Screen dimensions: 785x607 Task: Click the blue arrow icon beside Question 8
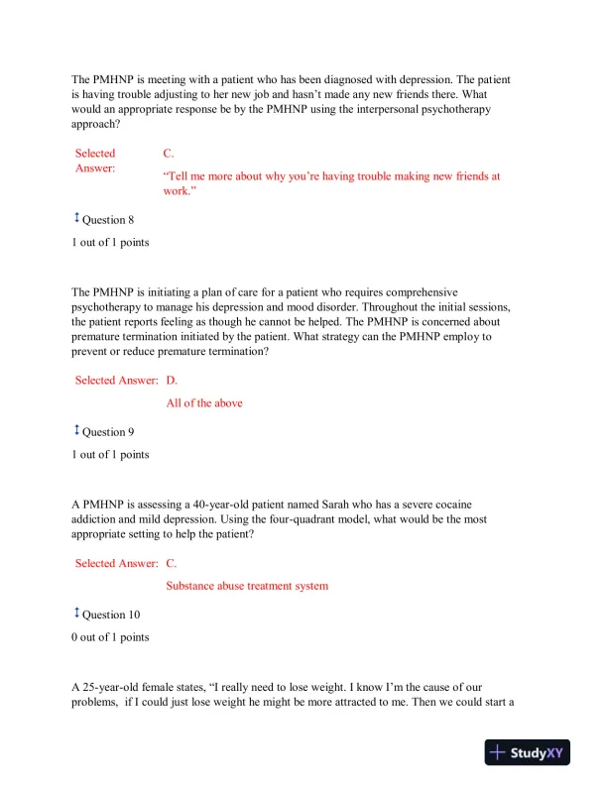coord(75,219)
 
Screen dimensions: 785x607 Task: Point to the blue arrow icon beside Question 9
coord(75,430)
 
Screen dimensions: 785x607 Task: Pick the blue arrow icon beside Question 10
coord(75,613)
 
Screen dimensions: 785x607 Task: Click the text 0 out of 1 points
coord(110,637)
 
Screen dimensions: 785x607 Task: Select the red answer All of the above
coord(204,403)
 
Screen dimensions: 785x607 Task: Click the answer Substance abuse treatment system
coord(247,586)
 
